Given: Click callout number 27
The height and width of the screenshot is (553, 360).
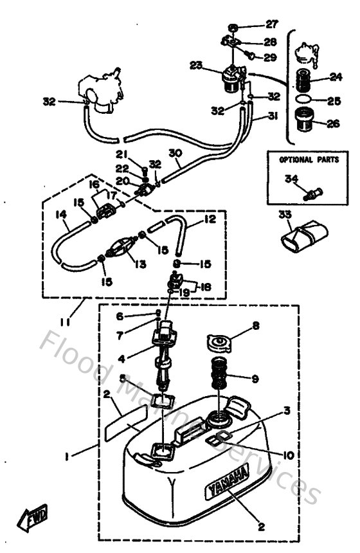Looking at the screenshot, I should click(x=272, y=25).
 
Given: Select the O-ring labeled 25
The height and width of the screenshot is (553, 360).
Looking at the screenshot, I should click(x=307, y=100).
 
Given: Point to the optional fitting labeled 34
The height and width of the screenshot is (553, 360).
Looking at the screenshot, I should click(x=315, y=190).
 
